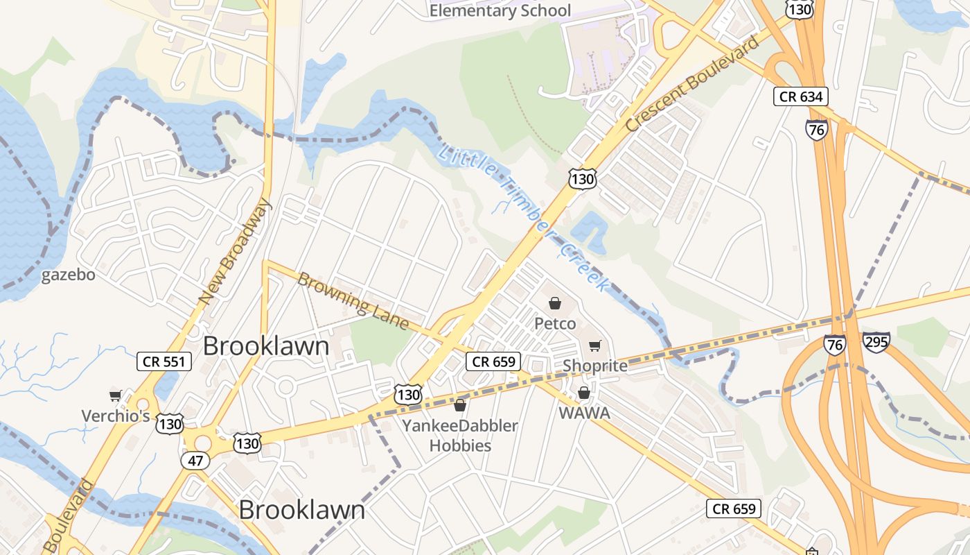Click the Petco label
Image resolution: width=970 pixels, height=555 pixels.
coord(555,324)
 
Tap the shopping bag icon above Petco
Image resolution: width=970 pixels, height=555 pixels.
coord(555,303)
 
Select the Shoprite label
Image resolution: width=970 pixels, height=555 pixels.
coord(594,366)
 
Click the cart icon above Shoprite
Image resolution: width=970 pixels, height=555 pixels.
coord(594,345)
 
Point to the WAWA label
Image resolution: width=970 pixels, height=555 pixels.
coord(585,413)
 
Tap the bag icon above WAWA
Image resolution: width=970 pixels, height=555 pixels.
coord(584,393)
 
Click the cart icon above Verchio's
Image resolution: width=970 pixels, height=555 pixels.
coord(116,395)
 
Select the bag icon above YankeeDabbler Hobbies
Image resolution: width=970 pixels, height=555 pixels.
coord(459,405)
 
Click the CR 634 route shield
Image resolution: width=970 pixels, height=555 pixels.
coord(801,96)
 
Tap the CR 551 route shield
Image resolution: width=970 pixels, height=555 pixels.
coord(164,361)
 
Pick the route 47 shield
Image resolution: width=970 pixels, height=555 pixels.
coord(196,460)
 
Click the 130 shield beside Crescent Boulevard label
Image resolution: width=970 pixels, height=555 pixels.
coord(582,179)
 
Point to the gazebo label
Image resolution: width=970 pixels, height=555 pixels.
coord(68,275)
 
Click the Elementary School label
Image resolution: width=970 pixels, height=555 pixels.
coord(500,10)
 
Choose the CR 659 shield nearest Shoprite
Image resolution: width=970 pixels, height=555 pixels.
coord(493,361)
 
